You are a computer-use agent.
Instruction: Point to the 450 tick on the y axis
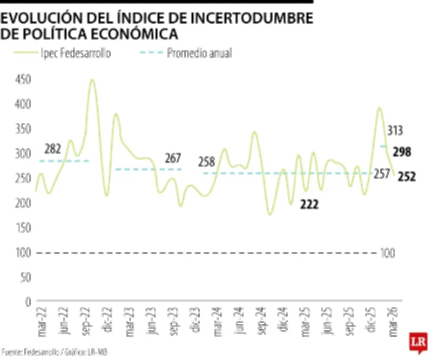tap(23, 79)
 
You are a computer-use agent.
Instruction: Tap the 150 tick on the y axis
tap(23, 228)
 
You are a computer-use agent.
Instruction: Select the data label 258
tap(206, 161)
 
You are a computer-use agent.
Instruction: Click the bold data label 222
tap(309, 204)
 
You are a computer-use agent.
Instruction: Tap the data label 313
tap(395, 130)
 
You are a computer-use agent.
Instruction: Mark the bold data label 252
tap(407, 176)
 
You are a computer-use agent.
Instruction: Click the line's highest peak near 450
tap(92, 80)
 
